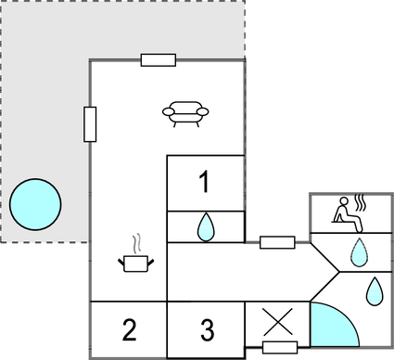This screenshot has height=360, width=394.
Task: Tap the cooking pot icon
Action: pyautogui.click(x=136, y=264)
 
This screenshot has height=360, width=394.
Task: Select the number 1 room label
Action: pyautogui.click(x=206, y=184)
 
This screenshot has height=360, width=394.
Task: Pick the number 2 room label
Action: pyautogui.click(x=130, y=329)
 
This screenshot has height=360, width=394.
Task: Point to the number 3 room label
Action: pyautogui.click(x=207, y=329)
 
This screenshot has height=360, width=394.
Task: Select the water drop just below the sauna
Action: pyautogui.click(x=358, y=251)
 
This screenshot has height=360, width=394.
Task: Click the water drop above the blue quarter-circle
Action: pyautogui.click(x=374, y=290)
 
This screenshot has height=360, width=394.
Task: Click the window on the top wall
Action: pyautogui.click(x=159, y=60)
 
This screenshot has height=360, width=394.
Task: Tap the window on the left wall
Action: pyautogui.click(x=90, y=123)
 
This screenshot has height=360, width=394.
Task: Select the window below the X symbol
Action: pyautogui.click(x=279, y=348)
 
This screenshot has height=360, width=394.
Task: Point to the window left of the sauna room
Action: pyautogui.click(x=277, y=243)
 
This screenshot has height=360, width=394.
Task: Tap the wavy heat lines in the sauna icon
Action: pyautogui.click(x=362, y=200)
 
